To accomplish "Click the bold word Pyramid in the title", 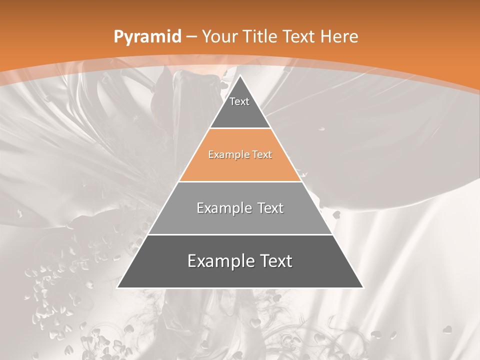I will coord(147,37).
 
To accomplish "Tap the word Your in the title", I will coord(219,36).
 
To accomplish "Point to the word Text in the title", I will coord(299,36).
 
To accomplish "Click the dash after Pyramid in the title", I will coord(191,37).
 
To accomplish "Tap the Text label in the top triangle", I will coord(239,101).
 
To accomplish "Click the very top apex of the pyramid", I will coord(240,76).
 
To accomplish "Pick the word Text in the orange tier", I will coord(262,154).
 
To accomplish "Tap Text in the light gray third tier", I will coord(265,208).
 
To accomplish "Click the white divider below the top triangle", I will coord(240,128).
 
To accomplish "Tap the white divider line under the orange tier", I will coord(240,181).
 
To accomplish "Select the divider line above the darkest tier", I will coord(240,234).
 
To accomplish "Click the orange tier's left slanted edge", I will coord(194,155).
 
